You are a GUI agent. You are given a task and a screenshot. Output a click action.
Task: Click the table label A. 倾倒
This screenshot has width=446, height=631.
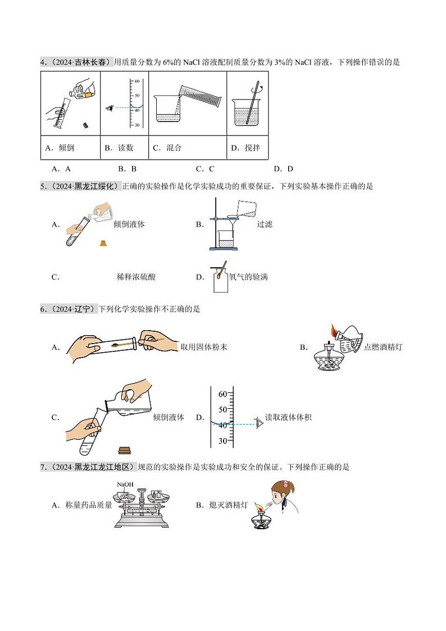59,148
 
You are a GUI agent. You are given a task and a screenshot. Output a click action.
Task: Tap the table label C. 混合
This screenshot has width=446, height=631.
167,148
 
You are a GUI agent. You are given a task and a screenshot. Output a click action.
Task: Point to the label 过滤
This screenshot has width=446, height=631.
265,224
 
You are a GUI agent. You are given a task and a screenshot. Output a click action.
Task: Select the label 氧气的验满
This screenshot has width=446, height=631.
249,277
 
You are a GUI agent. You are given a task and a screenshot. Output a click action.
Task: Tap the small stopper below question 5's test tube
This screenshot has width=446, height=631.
103,243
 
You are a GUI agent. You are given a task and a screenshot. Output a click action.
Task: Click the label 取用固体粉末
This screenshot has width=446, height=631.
204,347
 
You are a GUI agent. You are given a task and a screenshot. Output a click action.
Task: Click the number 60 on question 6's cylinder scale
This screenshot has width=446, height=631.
222,394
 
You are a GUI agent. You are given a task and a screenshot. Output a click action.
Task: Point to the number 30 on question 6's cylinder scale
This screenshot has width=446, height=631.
222,441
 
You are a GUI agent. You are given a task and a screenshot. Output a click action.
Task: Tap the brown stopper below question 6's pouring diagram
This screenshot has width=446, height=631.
125,449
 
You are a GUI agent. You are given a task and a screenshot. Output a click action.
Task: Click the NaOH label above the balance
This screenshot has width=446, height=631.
125,485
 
